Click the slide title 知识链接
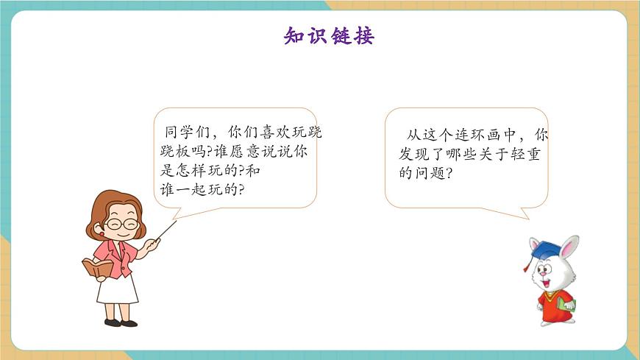(x=329, y=35)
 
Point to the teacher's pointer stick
(x=166, y=234)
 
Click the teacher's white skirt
(x=117, y=290)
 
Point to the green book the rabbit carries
(x=566, y=301)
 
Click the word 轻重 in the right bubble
(x=527, y=155)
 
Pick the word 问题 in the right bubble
(x=432, y=174)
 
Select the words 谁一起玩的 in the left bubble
(x=198, y=188)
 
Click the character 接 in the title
(x=363, y=35)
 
